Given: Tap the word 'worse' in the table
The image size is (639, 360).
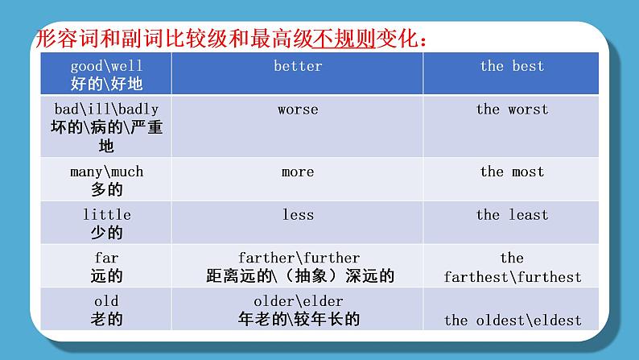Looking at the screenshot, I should [x=298, y=109].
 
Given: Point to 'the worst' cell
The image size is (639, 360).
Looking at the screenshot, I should [x=512, y=109].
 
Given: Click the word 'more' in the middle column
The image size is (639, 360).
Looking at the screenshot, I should [x=298, y=172].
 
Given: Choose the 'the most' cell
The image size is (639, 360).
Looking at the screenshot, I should [x=512, y=172].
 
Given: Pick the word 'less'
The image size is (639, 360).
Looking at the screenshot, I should [x=298, y=215].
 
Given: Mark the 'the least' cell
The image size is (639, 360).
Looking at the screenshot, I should [x=512, y=215].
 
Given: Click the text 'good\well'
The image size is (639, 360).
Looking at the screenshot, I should [x=106, y=66].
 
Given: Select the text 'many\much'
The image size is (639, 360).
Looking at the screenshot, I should [x=106, y=172].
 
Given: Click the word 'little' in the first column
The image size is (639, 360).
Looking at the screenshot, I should [x=106, y=215].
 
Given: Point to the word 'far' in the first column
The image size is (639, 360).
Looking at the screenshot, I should [x=106, y=258].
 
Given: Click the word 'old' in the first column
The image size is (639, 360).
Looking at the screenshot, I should [x=106, y=300].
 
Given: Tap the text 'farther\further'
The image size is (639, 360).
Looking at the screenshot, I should [x=299, y=258].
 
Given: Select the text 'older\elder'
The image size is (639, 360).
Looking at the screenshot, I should [x=298, y=300].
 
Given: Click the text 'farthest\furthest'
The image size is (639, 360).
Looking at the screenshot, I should [x=512, y=277].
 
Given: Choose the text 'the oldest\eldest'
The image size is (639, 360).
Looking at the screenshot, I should [x=512, y=320].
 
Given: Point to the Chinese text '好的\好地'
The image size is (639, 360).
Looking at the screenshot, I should [x=106, y=83].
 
